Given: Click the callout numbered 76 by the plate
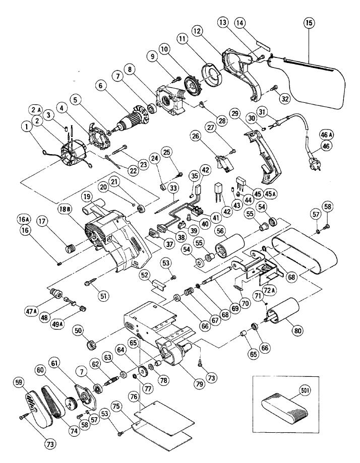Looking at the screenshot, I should point(148,398).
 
